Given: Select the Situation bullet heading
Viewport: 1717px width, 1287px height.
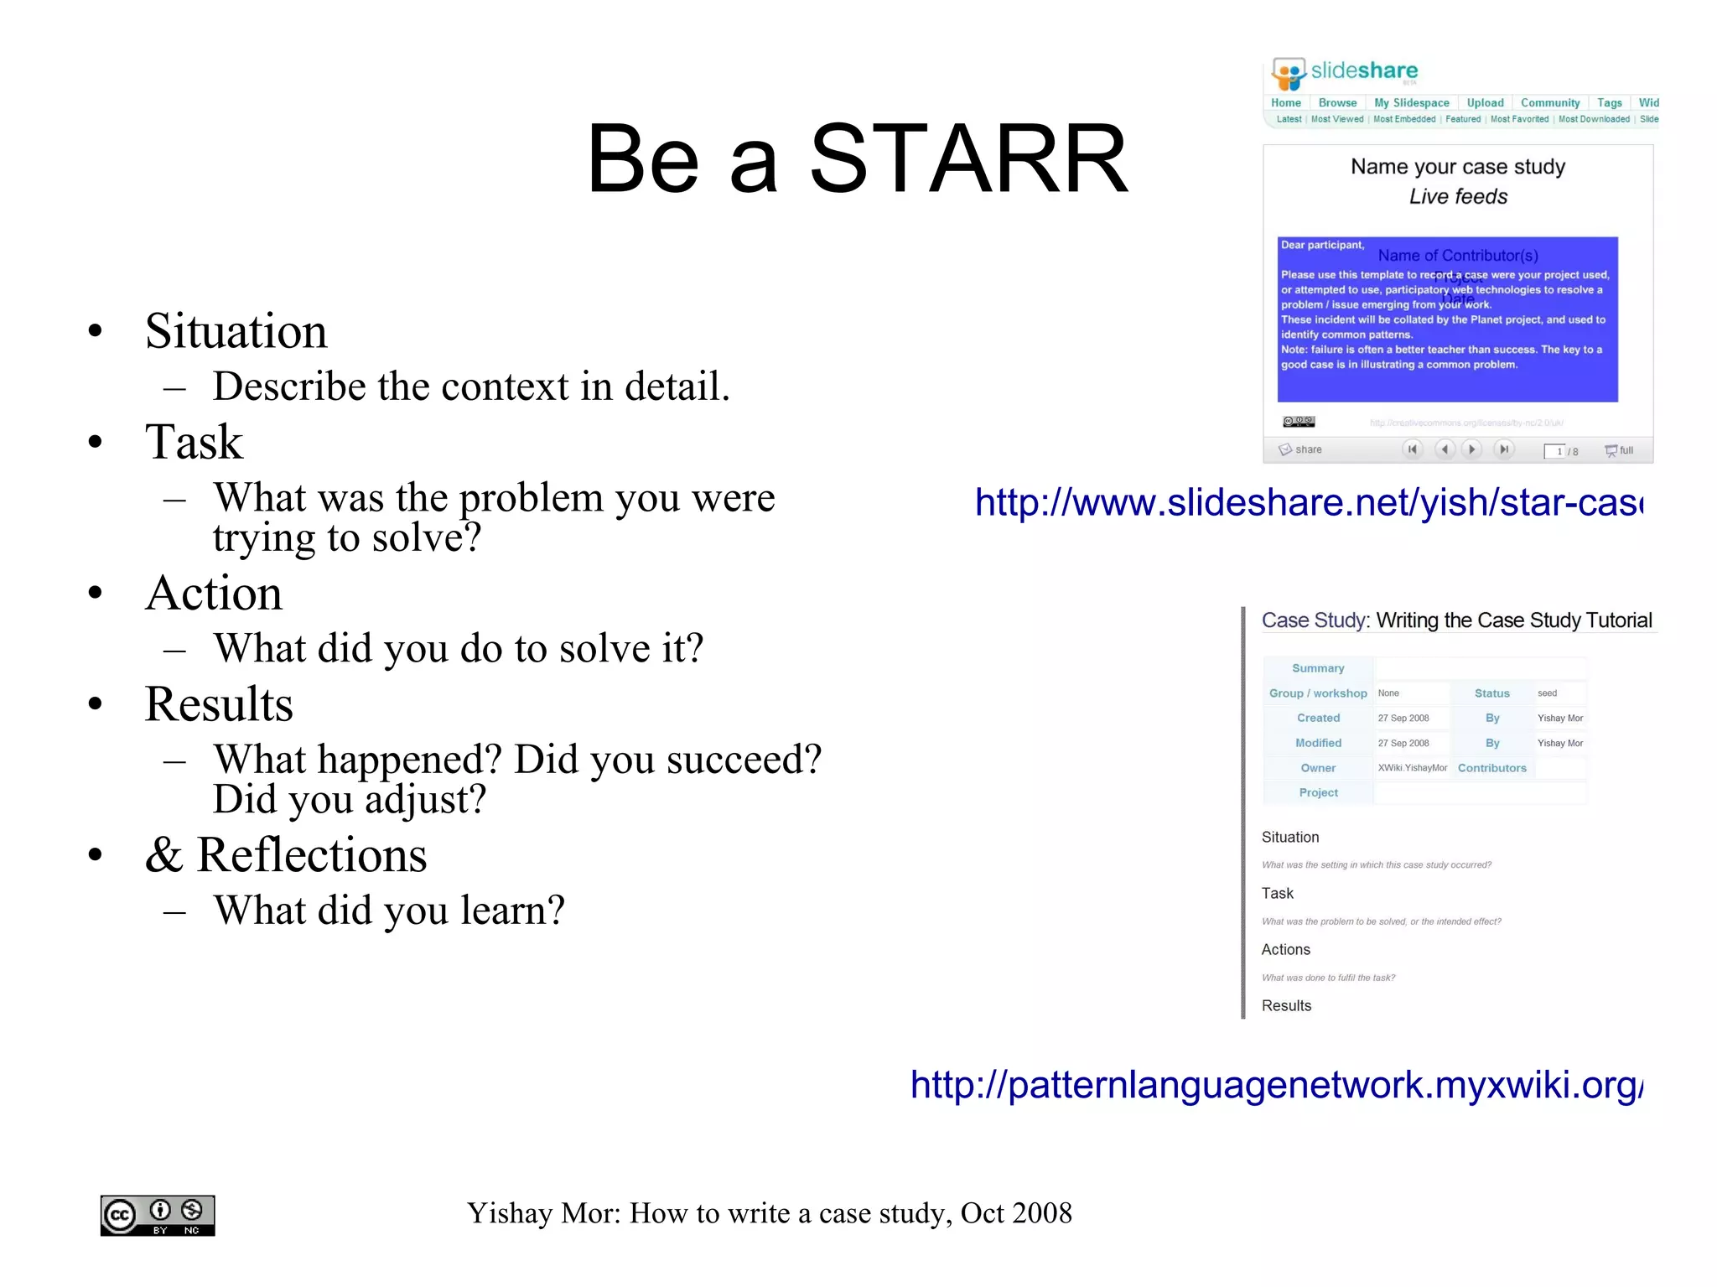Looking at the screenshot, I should click(236, 330).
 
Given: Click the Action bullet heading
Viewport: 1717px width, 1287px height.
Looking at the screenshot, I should click(214, 593).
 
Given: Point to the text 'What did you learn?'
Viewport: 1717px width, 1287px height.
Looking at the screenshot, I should click(389, 910).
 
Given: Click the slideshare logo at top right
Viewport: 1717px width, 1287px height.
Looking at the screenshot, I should click(1344, 72).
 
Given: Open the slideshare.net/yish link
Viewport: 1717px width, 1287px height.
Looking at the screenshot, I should click(1308, 502).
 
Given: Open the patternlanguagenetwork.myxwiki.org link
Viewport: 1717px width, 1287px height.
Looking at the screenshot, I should click(1276, 1084).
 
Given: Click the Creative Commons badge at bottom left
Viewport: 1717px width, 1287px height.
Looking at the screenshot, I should click(158, 1215).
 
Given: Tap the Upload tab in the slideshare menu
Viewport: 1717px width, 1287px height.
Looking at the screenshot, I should click(1485, 103).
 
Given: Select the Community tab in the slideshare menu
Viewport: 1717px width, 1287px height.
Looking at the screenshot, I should click(1549, 103).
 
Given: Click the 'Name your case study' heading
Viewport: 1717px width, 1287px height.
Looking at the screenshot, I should click(1457, 167).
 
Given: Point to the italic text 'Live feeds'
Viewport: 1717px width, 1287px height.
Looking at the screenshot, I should click(1457, 197).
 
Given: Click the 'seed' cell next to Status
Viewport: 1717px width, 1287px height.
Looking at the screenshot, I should click(1548, 693).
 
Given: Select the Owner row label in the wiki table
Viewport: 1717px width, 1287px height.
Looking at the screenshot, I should click(1318, 768).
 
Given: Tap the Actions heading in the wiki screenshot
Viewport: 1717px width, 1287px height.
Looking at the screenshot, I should click(1285, 949).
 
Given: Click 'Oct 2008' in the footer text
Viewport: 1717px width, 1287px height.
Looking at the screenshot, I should click(1016, 1213).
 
